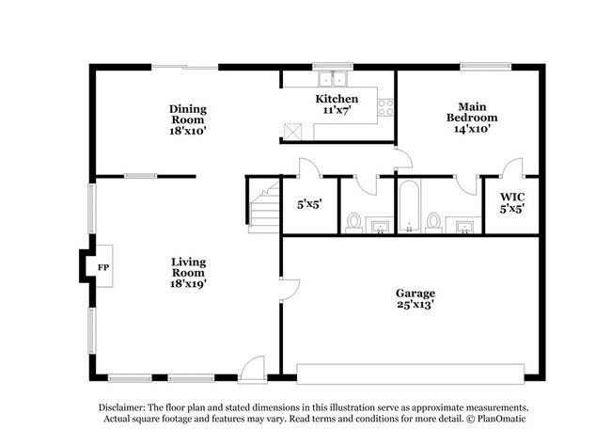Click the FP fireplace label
[102, 267]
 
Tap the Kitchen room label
[336, 99]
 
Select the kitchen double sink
[331, 80]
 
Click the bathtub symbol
[409, 207]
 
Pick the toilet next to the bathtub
[433, 221]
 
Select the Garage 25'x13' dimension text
[416, 305]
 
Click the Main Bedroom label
[471, 112]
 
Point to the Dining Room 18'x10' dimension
[188, 131]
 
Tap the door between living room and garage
[290, 289]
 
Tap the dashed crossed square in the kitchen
[294, 131]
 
